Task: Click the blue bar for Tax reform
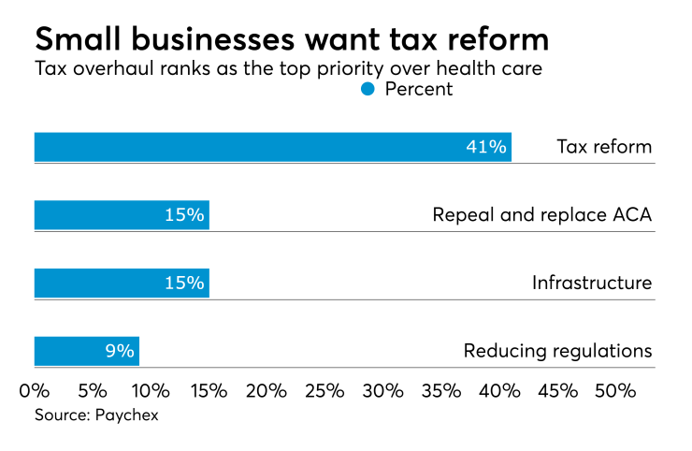[271, 147]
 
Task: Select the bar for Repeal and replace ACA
[122, 215]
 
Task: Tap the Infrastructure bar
[122, 283]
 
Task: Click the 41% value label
[486, 147]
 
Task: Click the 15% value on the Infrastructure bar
[184, 284]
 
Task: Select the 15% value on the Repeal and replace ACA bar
[184, 215]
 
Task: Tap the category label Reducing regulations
[557, 352]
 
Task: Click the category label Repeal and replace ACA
[541, 215]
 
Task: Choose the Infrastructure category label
[591, 284]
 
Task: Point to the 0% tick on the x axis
[35, 389]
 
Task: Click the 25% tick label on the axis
[324, 389]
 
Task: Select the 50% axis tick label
[615, 389]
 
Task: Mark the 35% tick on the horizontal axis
[440, 389]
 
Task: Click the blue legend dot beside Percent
[368, 89]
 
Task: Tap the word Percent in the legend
[418, 89]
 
